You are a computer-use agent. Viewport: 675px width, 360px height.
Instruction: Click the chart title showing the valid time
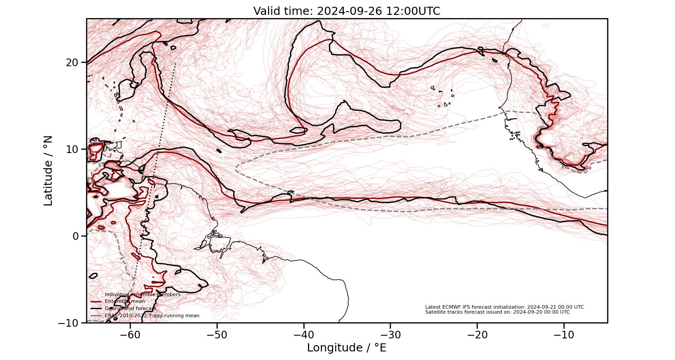pyautogui.click(x=346, y=11)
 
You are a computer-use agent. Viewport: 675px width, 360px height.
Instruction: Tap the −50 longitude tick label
pyautogui.click(x=217, y=335)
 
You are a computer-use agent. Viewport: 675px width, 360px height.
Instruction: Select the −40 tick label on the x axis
pyautogui.click(x=304, y=335)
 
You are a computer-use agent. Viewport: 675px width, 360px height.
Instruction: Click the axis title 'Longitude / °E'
pyautogui.click(x=346, y=348)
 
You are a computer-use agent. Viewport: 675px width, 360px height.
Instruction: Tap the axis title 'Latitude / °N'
pyautogui.click(x=48, y=171)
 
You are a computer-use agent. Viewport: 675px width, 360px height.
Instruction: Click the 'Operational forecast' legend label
pyautogui.click(x=130, y=308)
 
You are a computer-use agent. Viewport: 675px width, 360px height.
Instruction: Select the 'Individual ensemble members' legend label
pyautogui.click(x=142, y=294)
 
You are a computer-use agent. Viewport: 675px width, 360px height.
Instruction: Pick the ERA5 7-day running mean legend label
pyautogui.click(x=152, y=315)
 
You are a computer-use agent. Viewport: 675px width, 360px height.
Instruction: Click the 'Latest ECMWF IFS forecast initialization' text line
pyautogui.click(x=504, y=307)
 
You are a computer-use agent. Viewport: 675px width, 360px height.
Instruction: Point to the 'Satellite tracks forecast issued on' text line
pyautogui.click(x=497, y=312)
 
